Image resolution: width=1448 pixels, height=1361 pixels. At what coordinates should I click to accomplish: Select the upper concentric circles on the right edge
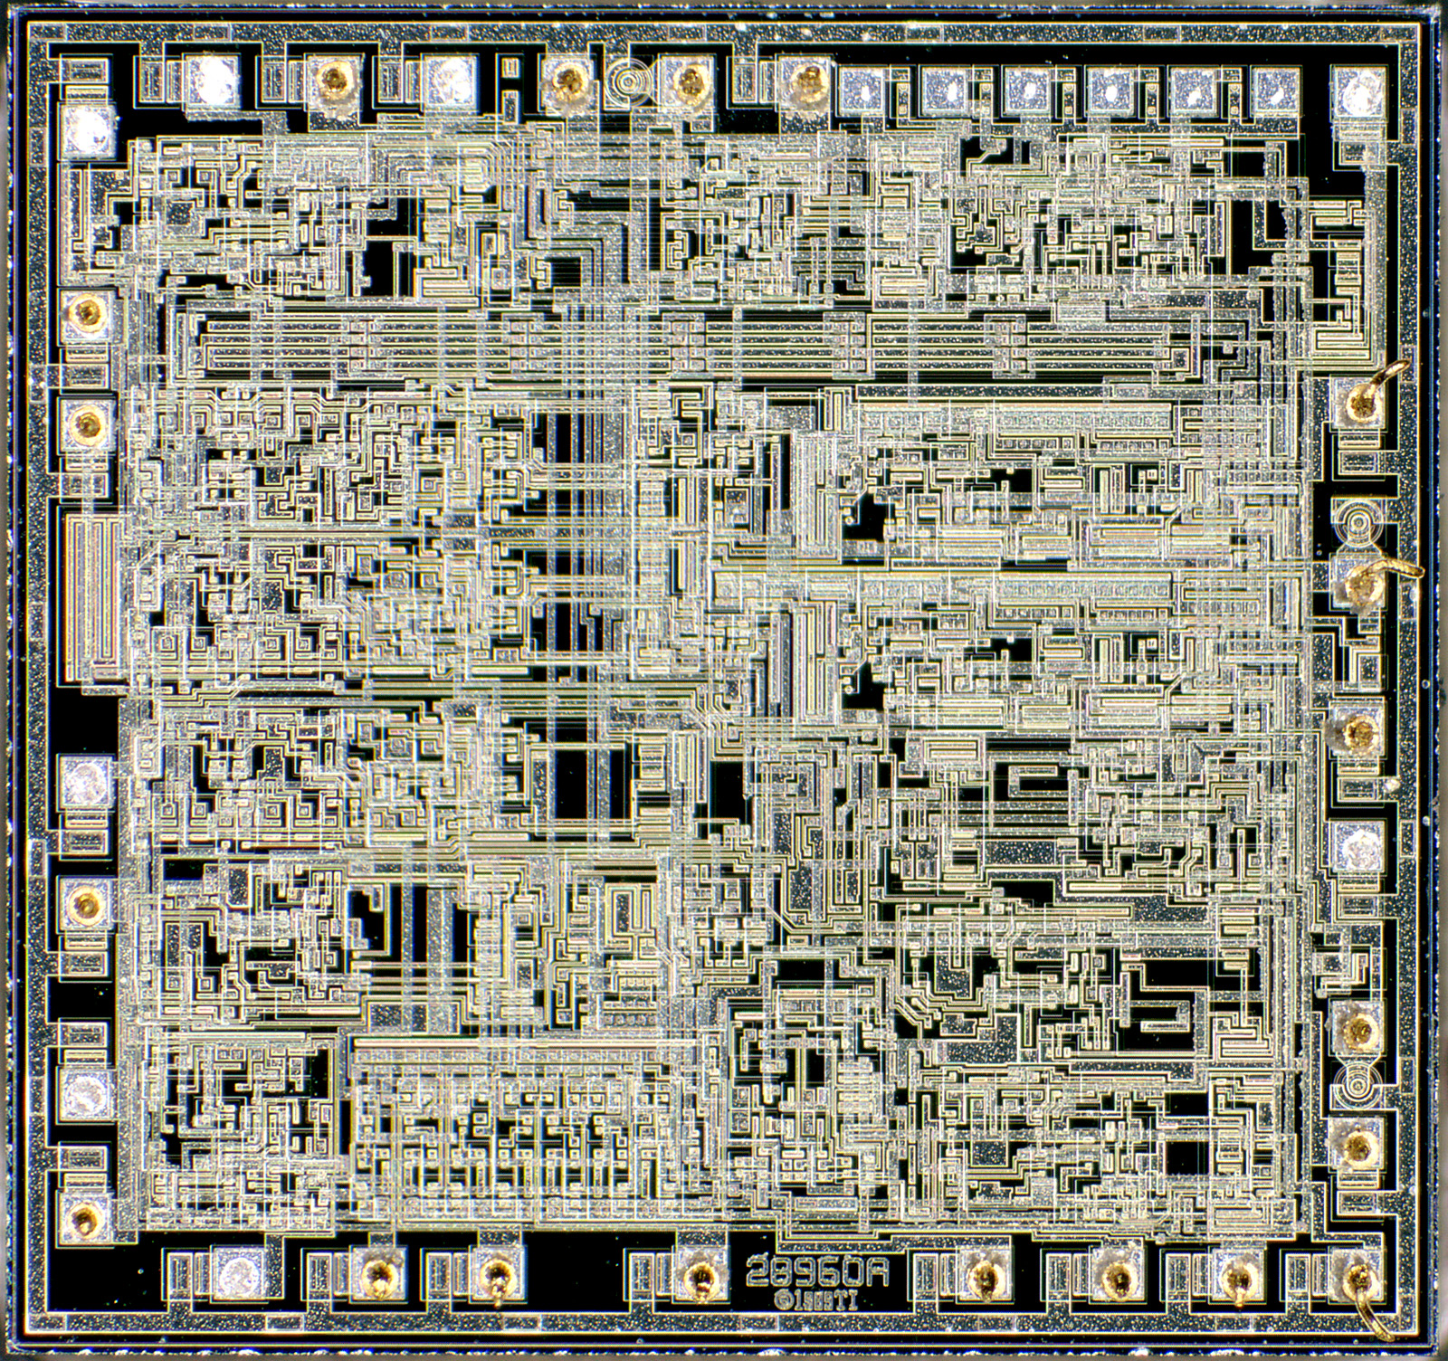1355,521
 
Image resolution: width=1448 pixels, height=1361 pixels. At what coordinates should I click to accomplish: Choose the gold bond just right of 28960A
981,1276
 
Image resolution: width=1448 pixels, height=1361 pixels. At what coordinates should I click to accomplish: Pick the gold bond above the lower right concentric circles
1357,1027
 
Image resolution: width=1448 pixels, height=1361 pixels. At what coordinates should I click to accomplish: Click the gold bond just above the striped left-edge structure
88,420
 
